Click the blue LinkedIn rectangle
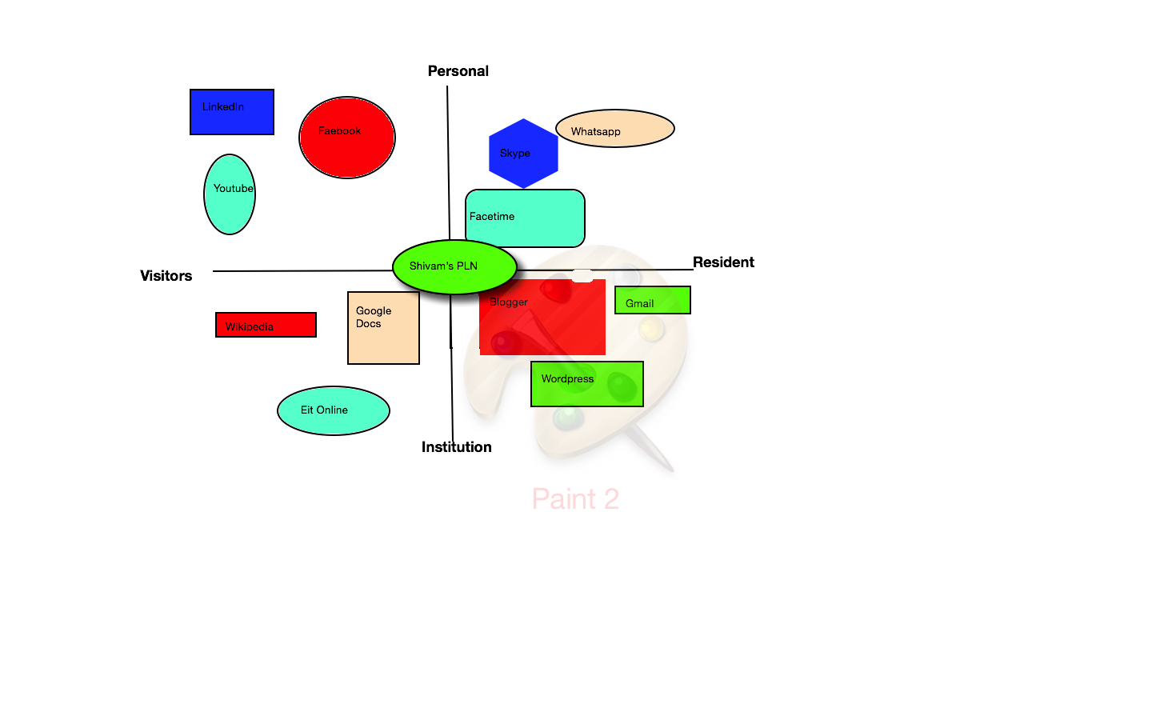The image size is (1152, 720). point(232,112)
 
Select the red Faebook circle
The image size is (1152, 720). point(347,138)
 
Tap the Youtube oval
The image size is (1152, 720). point(230,194)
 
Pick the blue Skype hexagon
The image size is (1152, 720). point(523,154)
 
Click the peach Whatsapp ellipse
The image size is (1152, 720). point(615,129)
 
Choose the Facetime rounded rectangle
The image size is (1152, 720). point(525,218)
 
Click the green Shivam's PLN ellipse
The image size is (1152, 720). point(454,267)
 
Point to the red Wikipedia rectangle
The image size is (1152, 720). point(266,325)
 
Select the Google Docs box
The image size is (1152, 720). point(384,328)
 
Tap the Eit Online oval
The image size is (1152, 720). point(334,411)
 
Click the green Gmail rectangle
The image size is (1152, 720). point(653,300)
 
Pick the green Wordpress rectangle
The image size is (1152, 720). point(587,384)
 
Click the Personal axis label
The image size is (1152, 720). point(458,71)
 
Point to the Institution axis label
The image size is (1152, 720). point(457,447)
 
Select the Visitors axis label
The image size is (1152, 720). point(166,276)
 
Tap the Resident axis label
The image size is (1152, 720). point(723,262)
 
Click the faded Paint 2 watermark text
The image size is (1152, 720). point(575,499)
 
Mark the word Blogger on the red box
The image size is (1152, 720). point(509,302)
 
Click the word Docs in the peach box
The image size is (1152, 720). point(368,324)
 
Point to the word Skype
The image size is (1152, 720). point(515,154)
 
